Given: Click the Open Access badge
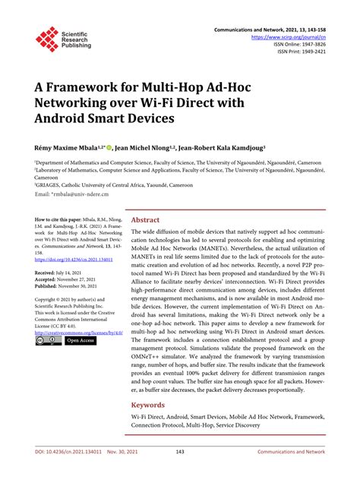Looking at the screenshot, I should [x=81, y=341].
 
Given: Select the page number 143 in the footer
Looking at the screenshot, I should [x=180, y=472].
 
